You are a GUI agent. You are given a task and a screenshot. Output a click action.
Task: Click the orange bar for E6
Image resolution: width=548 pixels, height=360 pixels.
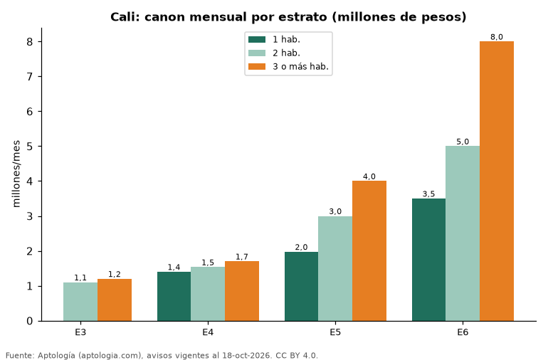pyautogui.click(x=497, y=181)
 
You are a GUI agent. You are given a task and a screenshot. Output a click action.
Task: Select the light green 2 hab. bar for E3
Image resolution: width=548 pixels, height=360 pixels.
pyautogui.click(x=80, y=302)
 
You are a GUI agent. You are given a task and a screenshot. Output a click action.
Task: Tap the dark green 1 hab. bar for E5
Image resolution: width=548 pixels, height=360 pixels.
pyautogui.click(x=301, y=286)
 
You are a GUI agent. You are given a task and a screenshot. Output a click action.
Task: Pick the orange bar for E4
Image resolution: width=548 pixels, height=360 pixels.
pyautogui.click(x=242, y=291)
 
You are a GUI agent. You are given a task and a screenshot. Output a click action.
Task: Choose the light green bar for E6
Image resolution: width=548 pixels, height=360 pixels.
pyautogui.click(x=463, y=233)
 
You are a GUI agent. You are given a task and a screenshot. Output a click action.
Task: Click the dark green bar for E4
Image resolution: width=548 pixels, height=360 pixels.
pyautogui.click(x=174, y=297)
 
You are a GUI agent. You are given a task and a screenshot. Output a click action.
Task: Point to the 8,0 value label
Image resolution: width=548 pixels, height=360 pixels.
pyautogui.click(x=497, y=37)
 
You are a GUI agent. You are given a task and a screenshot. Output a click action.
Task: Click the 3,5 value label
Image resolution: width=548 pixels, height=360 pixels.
pyautogui.click(x=429, y=194)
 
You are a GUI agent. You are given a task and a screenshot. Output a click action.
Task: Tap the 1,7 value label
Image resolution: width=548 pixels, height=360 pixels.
pyautogui.click(x=242, y=257)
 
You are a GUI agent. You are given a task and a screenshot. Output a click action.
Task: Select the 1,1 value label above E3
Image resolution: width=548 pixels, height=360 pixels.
pyautogui.click(x=80, y=278)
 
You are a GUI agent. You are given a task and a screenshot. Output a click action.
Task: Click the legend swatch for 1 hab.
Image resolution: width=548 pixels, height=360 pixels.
pyautogui.click(x=257, y=40)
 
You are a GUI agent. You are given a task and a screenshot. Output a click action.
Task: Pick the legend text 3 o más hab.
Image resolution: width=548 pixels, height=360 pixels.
pyautogui.click(x=300, y=66)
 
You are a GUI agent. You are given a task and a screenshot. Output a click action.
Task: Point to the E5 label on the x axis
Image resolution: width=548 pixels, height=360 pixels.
pyautogui.click(x=335, y=332)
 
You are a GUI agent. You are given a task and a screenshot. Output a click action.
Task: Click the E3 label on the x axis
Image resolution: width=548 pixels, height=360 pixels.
pyautogui.click(x=80, y=332)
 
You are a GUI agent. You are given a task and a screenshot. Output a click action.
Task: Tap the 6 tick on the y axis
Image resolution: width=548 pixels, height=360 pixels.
pyautogui.click(x=29, y=112)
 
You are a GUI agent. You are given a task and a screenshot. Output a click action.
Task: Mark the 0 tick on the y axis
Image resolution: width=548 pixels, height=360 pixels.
pyautogui.click(x=29, y=321)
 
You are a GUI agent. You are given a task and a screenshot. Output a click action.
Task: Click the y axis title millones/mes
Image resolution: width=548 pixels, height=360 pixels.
pyautogui.click(x=16, y=174)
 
